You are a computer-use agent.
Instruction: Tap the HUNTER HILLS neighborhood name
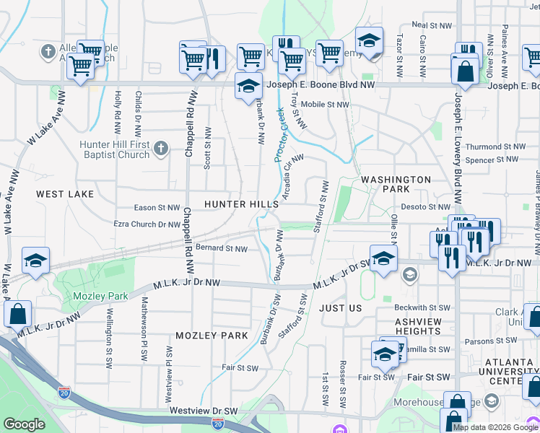[x=241, y=204]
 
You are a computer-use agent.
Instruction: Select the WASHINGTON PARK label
[x=396, y=184]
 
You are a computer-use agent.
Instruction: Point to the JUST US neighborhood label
[x=340, y=308]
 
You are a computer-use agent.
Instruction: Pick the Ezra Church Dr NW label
[x=147, y=224]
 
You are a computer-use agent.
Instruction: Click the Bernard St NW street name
[x=222, y=249]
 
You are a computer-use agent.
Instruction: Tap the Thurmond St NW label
[x=492, y=146]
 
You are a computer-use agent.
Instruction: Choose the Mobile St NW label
[x=325, y=105]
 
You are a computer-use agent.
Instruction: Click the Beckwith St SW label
[x=422, y=307]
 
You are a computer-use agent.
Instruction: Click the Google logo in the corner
[x=24, y=424]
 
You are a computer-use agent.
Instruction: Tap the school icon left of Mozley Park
[x=35, y=263]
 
